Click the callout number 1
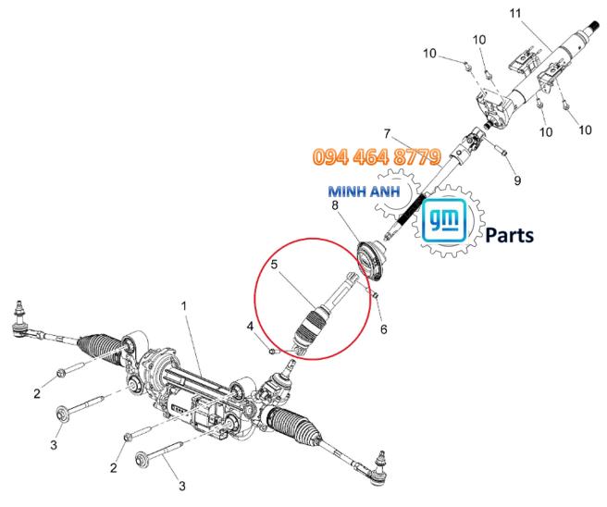point(184,306)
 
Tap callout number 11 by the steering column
point(515,13)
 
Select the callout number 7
point(387,134)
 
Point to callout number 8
point(335,205)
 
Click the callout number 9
point(517,180)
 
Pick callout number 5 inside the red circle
point(275,265)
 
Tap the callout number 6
point(384,329)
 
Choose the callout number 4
point(251,327)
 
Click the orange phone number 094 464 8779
point(377,156)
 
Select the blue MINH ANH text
point(364,192)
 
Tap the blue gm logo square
point(443,220)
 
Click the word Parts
point(510,235)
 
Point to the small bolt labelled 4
point(273,352)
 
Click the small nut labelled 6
point(375,296)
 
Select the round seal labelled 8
point(371,258)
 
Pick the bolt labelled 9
point(502,151)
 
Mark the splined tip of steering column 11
point(595,28)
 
